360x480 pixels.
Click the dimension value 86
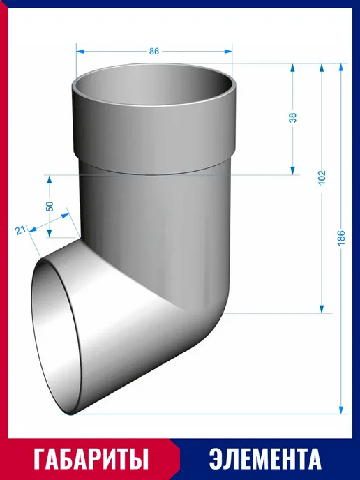click(x=154, y=51)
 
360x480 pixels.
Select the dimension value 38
click(x=293, y=117)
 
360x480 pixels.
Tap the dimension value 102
click(x=322, y=177)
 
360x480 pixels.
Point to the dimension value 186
click(x=341, y=237)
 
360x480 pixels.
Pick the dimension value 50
click(x=50, y=206)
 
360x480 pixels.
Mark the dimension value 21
click(x=20, y=230)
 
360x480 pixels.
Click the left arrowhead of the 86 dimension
click(x=80, y=51)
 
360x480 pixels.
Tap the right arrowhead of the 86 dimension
click(x=228, y=51)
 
